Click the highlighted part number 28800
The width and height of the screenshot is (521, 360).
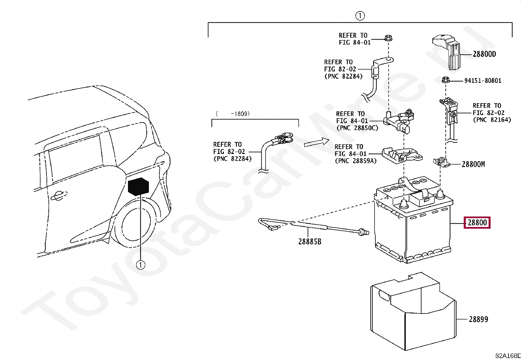477,223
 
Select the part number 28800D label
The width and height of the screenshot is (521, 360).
484,54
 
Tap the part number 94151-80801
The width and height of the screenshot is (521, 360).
482,81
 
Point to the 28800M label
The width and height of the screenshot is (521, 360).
473,164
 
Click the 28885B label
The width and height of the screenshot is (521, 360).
310,242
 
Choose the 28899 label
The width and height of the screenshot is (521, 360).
478,319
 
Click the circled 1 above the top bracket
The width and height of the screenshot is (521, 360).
360,16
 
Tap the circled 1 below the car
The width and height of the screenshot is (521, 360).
140,265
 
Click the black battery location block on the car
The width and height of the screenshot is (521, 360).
138,187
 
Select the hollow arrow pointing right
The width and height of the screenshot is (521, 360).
316,142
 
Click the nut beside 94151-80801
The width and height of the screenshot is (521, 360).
445,80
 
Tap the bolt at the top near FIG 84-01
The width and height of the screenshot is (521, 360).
388,38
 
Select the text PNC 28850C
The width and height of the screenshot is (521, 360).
357,128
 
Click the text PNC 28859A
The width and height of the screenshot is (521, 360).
356,161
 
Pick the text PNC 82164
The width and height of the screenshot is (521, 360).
492,120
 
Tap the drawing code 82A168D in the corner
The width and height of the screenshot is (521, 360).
508,356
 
